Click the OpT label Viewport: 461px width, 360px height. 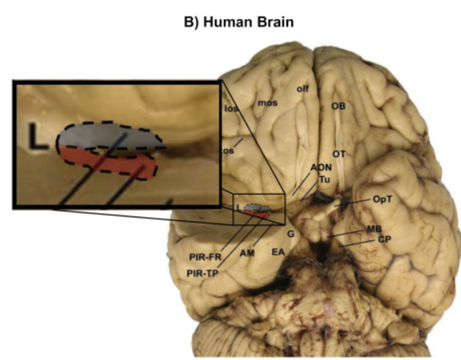[383, 202]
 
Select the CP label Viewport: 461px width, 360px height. [384, 239]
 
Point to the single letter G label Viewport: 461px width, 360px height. [291, 234]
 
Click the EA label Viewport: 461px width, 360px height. [278, 252]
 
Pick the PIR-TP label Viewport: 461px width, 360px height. [203, 273]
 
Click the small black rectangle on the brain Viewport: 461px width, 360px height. [255, 209]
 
